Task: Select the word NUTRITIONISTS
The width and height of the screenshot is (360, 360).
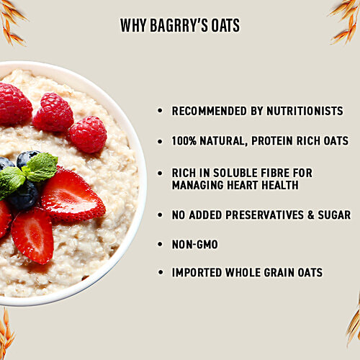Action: [301, 111]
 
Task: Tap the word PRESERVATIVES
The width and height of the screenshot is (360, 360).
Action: [261, 215]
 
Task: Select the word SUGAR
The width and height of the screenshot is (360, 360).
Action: [335, 215]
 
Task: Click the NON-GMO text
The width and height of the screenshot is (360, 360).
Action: [194, 245]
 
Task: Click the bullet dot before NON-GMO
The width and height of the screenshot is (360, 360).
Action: [161, 245]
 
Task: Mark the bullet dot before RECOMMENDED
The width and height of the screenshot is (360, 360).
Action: [161, 111]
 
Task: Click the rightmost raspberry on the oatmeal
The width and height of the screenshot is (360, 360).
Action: [87, 134]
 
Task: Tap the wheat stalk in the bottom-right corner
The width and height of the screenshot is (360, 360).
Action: [351, 324]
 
